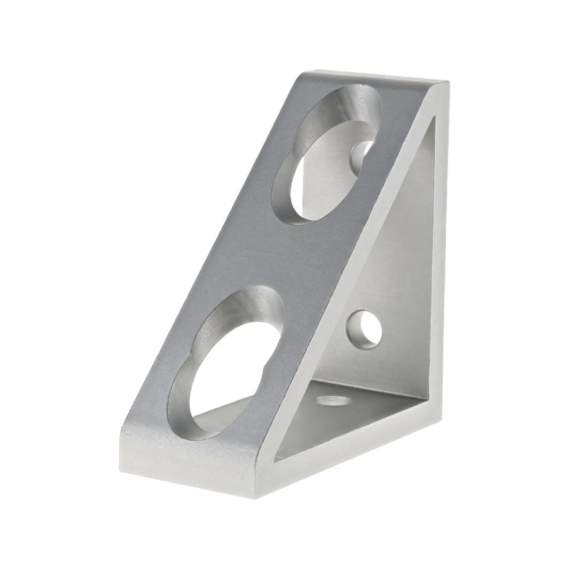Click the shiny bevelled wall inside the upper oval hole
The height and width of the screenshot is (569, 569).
357,109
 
